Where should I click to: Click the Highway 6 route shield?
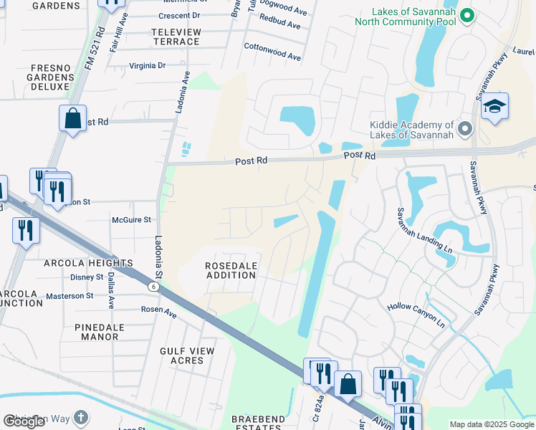[x=154, y=286]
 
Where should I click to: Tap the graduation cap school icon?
[x=494, y=107]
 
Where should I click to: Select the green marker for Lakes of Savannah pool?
[x=467, y=15]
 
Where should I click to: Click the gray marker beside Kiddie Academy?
[x=466, y=130]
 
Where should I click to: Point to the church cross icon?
[x=82, y=417]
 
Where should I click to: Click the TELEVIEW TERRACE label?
[x=176, y=37]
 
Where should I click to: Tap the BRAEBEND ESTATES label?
[x=257, y=423]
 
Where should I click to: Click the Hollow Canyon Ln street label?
[x=416, y=315]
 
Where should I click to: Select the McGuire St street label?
[x=132, y=220]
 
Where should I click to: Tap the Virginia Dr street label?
[x=147, y=65]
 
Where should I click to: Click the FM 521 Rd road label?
[x=94, y=49]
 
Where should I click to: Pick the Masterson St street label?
[x=70, y=295]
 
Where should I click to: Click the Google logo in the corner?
[x=24, y=421]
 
